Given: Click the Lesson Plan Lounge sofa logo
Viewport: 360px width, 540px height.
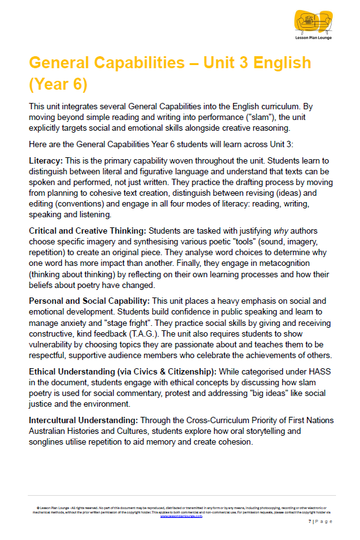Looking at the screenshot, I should click(314, 21).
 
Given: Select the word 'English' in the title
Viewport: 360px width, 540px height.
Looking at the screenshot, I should click(277, 63).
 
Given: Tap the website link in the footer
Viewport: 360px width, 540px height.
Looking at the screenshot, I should click(181, 515).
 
